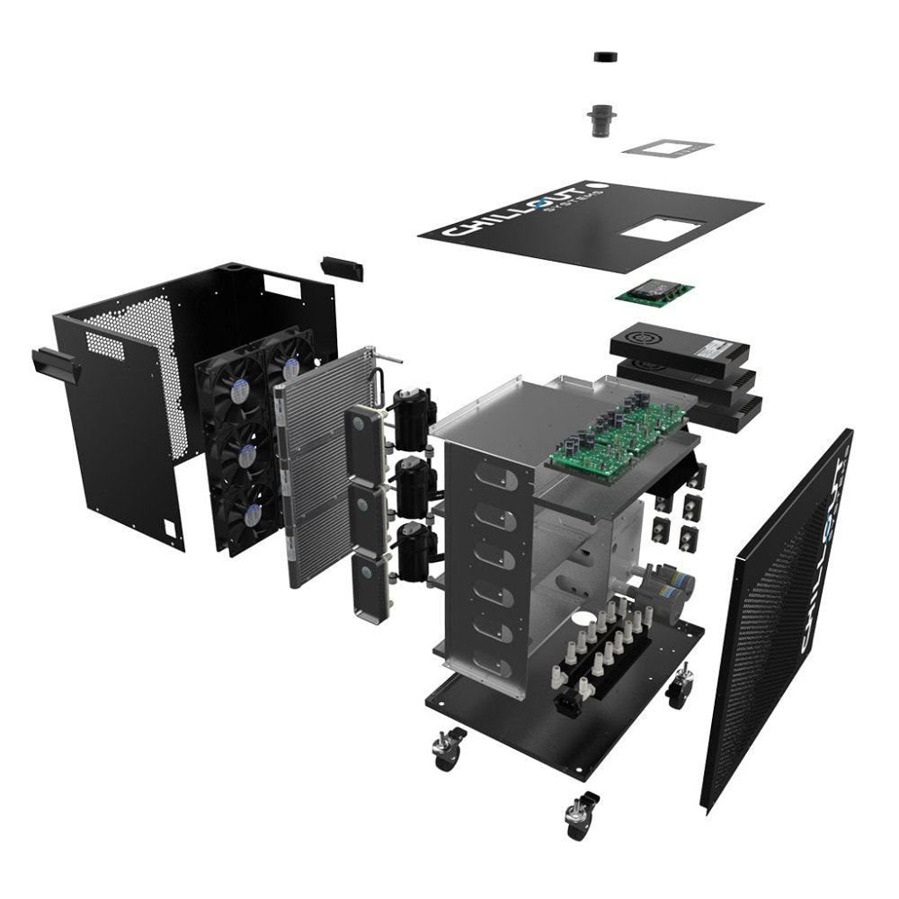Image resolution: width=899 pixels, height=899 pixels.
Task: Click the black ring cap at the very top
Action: [x=608, y=57]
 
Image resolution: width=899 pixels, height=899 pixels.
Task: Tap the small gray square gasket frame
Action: [x=667, y=147]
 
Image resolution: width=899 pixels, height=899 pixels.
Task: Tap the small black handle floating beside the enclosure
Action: [x=342, y=267]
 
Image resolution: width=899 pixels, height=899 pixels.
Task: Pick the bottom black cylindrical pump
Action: [x=415, y=548]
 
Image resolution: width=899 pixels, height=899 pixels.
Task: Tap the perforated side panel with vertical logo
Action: [x=778, y=620]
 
